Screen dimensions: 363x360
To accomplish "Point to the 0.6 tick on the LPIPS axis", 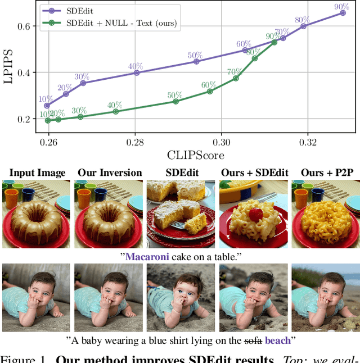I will point(29,26).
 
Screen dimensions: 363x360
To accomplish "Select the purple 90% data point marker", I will point(343,12).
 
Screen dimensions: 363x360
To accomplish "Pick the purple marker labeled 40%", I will point(136,73).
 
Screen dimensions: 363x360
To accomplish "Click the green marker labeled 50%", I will point(175,101).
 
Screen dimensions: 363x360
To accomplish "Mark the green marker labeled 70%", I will point(236,78).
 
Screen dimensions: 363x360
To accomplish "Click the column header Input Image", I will point(38,173).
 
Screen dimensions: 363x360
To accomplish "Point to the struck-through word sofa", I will point(254,340).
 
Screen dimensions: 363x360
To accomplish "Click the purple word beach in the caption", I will point(278,340).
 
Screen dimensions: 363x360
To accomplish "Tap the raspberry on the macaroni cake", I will point(256,214).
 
